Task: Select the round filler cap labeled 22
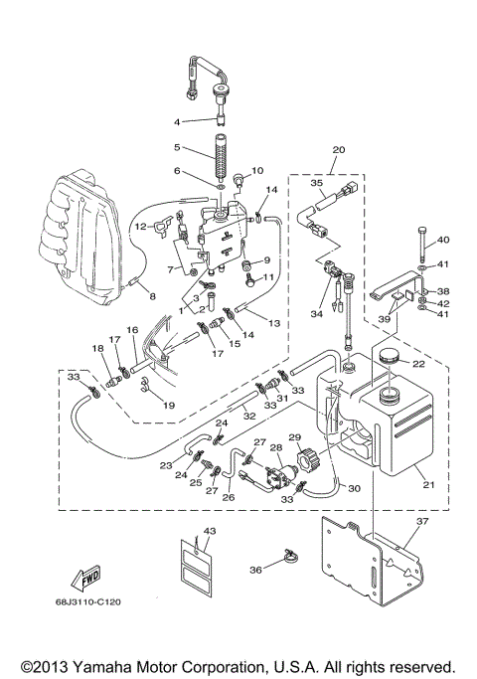click(384, 356)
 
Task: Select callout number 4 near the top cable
click(179, 122)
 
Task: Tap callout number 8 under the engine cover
click(152, 295)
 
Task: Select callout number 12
click(139, 227)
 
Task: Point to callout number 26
click(228, 496)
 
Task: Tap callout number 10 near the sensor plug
click(258, 169)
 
